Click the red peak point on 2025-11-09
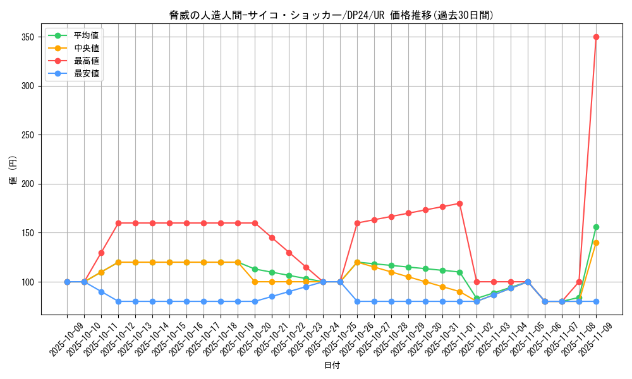coord(596,37)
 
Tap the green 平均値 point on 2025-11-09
coord(596,227)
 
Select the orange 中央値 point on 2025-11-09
coord(596,243)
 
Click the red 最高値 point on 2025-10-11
coord(101,253)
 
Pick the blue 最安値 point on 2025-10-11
coord(101,292)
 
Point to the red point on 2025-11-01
coord(459,203)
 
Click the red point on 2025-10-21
coord(272,238)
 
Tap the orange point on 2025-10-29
coord(408,277)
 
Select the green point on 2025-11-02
coord(477,298)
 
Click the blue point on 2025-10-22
coord(289,292)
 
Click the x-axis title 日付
coord(332,366)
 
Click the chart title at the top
coord(332,15)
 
